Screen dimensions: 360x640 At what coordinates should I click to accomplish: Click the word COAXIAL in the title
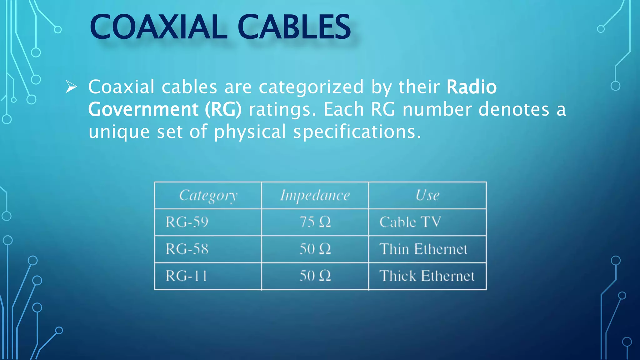coord(158,27)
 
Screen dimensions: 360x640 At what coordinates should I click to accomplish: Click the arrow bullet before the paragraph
coord(71,87)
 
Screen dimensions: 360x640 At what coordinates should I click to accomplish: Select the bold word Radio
coord(471,87)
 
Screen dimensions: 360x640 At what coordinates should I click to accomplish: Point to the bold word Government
coord(143,109)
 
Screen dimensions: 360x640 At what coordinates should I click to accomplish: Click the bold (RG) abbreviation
coord(223,109)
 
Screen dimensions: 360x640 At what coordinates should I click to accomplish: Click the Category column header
coord(208,196)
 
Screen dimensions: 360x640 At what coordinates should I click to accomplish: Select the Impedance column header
coord(315,196)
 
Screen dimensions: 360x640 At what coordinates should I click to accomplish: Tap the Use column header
coord(427,196)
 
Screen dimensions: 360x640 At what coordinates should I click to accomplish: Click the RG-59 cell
coord(187,222)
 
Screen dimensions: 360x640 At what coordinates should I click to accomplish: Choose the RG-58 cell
coord(187,249)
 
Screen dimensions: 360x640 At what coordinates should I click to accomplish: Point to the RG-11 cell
coord(186,276)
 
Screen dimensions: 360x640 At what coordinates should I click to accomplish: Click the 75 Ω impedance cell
coord(315,222)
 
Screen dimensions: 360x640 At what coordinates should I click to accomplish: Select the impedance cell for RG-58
coord(315,249)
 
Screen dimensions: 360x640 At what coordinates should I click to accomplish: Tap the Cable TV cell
coord(410,222)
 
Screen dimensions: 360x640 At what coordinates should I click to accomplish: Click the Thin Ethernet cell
coord(423,249)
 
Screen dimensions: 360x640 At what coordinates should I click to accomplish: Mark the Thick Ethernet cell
coord(427,276)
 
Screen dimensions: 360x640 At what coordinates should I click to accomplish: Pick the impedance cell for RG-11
coord(315,276)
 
